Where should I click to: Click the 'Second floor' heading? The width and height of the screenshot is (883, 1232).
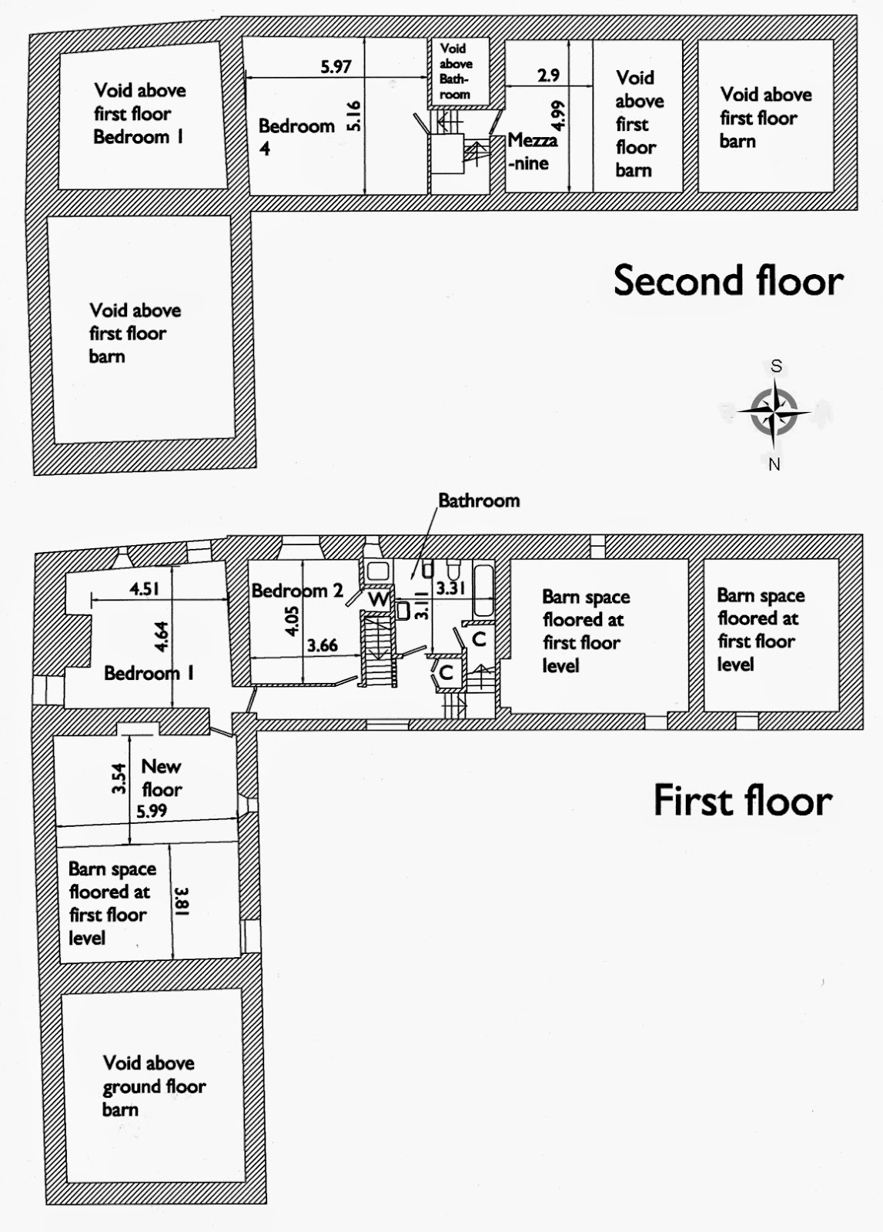tap(727, 280)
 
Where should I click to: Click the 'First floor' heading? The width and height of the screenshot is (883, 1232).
tap(742, 800)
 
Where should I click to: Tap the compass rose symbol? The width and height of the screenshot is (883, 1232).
tap(774, 412)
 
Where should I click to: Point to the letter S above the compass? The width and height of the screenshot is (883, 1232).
tap(776, 367)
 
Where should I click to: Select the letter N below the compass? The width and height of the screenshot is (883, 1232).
tap(774, 464)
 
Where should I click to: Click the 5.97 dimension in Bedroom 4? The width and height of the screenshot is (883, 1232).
tap(336, 67)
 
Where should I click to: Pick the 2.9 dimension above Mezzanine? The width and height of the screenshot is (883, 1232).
tap(548, 75)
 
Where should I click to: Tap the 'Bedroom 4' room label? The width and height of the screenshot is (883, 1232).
tap(296, 136)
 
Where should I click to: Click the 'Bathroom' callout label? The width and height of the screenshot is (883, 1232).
tap(479, 500)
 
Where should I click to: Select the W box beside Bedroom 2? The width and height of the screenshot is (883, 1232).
tap(378, 598)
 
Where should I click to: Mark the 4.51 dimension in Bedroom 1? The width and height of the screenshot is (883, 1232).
tap(144, 589)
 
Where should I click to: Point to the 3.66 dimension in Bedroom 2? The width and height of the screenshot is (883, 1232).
tap(322, 645)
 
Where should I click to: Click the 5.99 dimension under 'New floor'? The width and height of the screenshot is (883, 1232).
tap(152, 811)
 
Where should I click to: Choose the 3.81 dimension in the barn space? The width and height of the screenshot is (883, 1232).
tap(182, 902)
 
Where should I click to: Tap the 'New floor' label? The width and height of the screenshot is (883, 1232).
tap(161, 777)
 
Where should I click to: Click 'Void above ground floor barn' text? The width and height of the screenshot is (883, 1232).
tap(153, 1086)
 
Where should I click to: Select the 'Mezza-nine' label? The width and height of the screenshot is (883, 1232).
tap(532, 152)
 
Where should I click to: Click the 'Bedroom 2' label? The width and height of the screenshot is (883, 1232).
tap(297, 591)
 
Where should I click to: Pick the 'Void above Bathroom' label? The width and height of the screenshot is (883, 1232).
tap(456, 71)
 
